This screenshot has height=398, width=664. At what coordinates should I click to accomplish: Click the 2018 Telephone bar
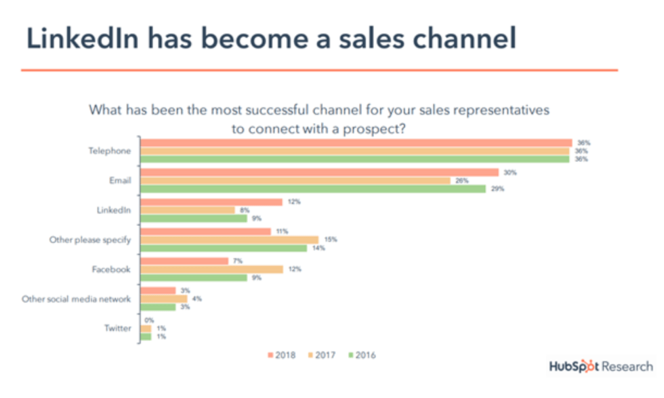pyautogui.click(x=356, y=143)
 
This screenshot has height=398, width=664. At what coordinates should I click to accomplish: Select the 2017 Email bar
pyautogui.click(x=295, y=181)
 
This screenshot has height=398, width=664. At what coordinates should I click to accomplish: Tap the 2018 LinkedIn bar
pyautogui.click(x=211, y=202)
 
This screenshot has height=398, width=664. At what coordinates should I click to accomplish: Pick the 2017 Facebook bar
pyautogui.click(x=211, y=269)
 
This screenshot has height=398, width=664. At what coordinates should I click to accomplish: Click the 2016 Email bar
pyautogui.click(x=312, y=189)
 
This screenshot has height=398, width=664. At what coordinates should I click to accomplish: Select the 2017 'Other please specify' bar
pyautogui.click(x=229, y=240)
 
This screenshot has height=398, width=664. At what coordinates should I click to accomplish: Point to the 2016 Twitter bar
pyautogui.click(x=146, y=336)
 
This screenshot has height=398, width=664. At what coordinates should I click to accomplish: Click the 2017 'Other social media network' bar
pyautogui.click(x=163, y=298)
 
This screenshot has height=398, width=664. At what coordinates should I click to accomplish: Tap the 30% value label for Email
pyautogui.click(x=510, y=173)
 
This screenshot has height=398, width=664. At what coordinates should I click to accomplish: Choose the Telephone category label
pyautogui.click(x=110, y=151)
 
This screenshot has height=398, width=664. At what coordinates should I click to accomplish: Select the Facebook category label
pyautogui.click(x=110, y=269)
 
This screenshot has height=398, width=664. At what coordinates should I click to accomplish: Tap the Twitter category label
pyautogui.click(x=117, y=328)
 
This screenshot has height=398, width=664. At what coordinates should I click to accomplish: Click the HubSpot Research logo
pyautogui.click(x=601, y=367)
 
